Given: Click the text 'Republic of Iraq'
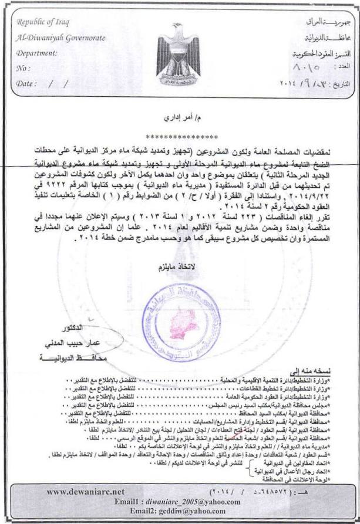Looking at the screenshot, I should [42, 23].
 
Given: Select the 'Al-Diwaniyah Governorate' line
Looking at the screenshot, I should [61, 38].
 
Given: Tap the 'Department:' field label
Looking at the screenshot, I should [38, 53].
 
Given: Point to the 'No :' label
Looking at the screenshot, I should [24, 68].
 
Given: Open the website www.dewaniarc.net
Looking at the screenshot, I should [86, 491].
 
